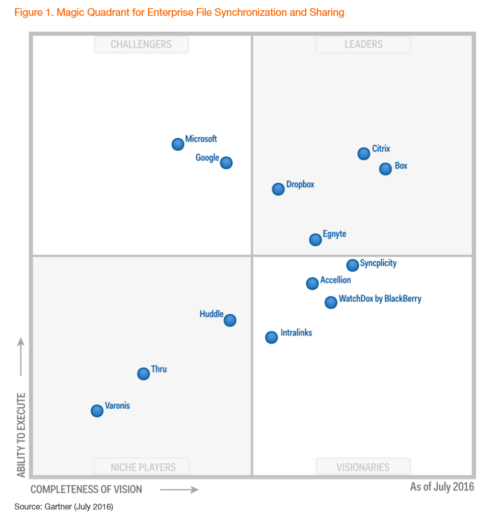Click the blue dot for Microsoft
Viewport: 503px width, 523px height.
pos(177,144)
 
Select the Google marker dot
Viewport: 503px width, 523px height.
pos(226,163)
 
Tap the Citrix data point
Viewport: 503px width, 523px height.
pos(363,154)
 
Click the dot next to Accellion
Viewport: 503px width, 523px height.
pos(312,284)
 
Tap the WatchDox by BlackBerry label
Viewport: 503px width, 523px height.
pos(380,299)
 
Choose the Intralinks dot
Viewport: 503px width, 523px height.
pos(272,337)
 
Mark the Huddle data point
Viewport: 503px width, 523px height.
pos(230,320)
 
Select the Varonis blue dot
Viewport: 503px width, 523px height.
pos(97,411)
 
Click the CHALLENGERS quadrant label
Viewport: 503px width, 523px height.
pos(141,45)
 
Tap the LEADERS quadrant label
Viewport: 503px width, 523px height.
pos(363,45)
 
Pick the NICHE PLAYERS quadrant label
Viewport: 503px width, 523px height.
pos(143,467)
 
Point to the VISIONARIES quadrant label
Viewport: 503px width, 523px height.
pos(363,467)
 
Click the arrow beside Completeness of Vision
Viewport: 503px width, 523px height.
pos(179,490)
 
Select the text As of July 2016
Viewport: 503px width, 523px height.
pos(442,487)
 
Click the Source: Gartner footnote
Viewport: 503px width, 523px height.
pos(64,507)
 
